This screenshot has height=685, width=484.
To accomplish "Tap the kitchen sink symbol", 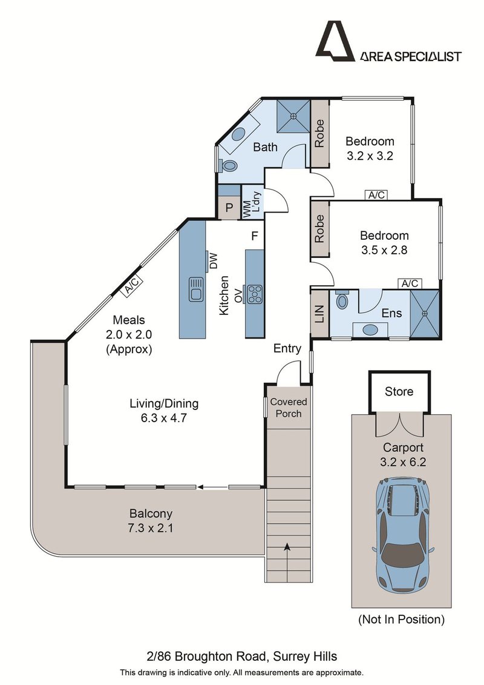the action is (x=197, y=290).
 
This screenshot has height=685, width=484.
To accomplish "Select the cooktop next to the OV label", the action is (x=255, y=294).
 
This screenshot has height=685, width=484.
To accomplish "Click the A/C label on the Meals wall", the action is (x=131, y=286).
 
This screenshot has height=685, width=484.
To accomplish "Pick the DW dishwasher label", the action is (x=212, y=261).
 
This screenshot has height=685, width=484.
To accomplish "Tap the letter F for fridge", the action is (x=255, y=236).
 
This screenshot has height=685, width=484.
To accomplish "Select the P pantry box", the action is (x=229, y=208).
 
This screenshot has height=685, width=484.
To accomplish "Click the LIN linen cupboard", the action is (x=319, y=314).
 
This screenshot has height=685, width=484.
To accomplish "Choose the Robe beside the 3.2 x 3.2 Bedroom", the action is (x=319, y=133).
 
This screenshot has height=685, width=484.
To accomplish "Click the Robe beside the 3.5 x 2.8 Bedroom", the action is (x=319, y=228).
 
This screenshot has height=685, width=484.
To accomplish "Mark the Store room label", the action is (x=399, y=391).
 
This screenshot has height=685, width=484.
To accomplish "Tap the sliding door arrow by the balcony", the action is (x=212, y=486).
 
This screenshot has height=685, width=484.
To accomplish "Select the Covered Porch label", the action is (x=289, y=408).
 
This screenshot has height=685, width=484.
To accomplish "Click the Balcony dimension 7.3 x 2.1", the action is (x=151, y=528).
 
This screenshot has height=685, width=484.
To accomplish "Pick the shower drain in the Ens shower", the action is (x=425, y=313).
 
